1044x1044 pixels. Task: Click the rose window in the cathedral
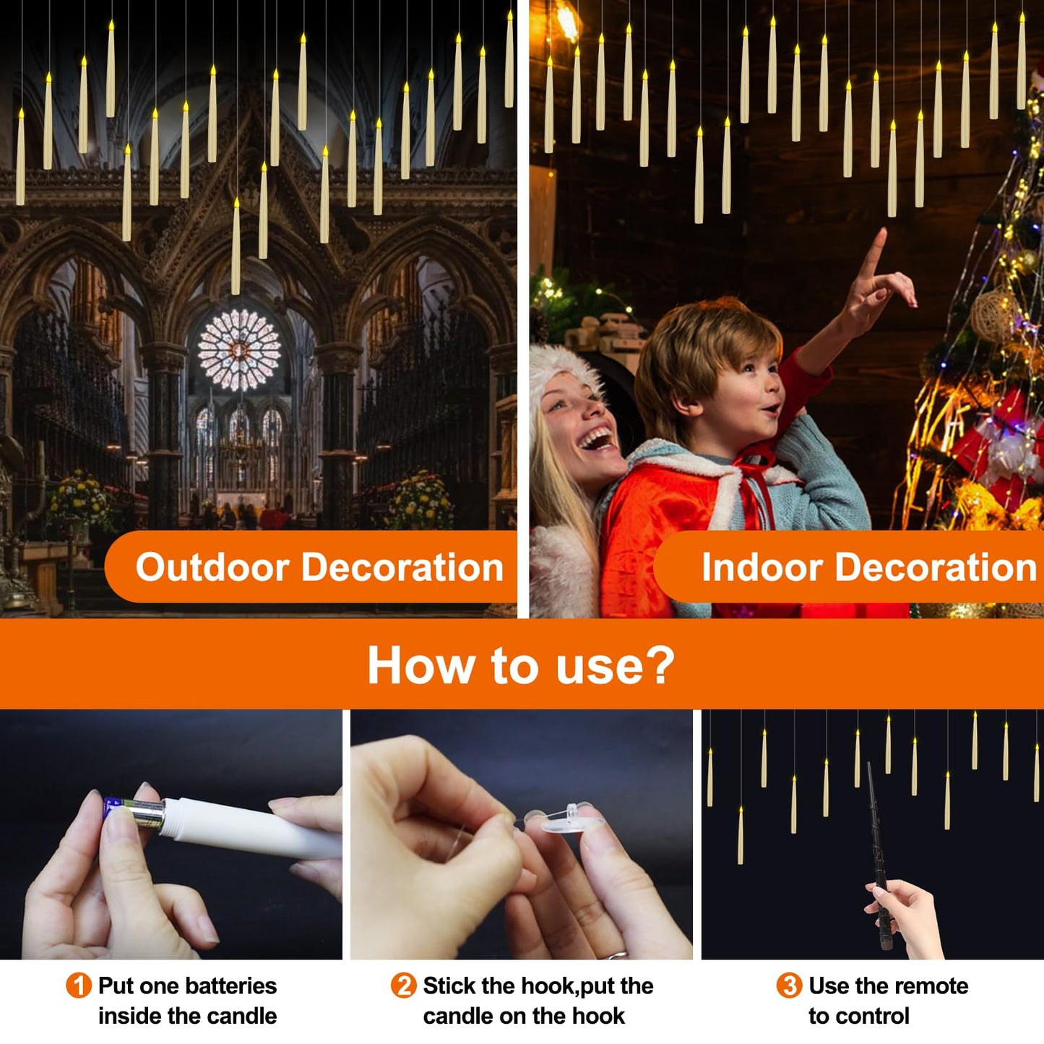click(239, 350)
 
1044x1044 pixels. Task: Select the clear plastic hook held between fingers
click(571, 820)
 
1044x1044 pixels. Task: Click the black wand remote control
click(878, 853)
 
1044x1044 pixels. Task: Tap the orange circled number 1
click(78, 986)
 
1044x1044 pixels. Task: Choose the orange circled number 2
click(403, 986)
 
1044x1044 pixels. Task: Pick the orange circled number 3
click(789, 986)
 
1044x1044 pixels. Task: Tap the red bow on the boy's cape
click(755, 462)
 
